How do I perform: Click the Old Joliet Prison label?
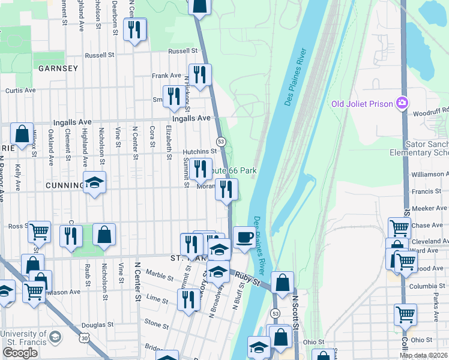(363, 104)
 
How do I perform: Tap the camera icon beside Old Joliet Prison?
(402, 103)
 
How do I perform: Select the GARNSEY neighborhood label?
(58, 68)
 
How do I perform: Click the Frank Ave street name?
(166, 76)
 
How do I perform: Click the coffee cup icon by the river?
(244, 236)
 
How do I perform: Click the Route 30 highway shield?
(86, 338)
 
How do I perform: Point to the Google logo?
(20, 353)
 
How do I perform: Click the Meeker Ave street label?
(427, 208)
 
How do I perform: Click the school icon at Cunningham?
(94, 182)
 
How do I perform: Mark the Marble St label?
(160, 275)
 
